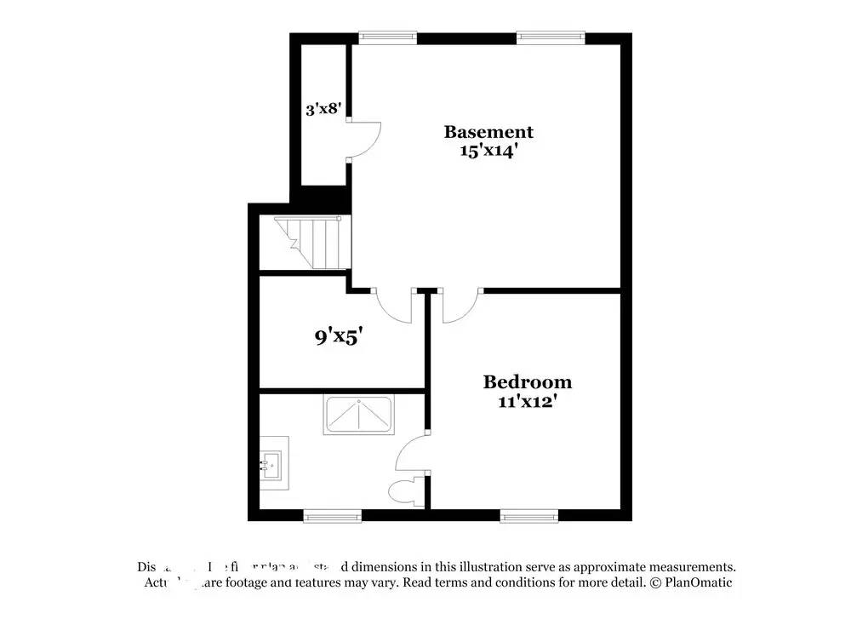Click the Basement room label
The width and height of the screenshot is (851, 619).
pyautogui.click(x=488, y=132)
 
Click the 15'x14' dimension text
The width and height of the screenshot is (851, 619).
pyautogui.click(x=488, y=152)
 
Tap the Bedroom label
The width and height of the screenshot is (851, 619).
pyautogui.click(x=528, y=382)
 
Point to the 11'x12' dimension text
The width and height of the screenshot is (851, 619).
pyautogui.click(x=528, y=401)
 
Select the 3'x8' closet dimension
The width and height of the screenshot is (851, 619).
pyautogui.click(x=323, y=109)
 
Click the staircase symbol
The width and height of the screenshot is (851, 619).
pyautogui.click(x=311, y=243)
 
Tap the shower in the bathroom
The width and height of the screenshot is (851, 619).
pyautogui.click(x=358, y=416)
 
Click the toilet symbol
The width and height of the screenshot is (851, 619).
pyautogui.click(x=402, y=491)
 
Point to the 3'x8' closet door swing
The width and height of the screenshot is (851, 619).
pyautogui.click(x=364, y=140)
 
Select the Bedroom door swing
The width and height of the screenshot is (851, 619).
pyautogui.click(x=460, y=307)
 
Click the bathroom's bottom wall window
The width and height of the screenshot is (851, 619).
pyautogui.click(x=333, y=515)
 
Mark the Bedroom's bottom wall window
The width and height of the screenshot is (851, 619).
pyautogui.click(x=529, y=515)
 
